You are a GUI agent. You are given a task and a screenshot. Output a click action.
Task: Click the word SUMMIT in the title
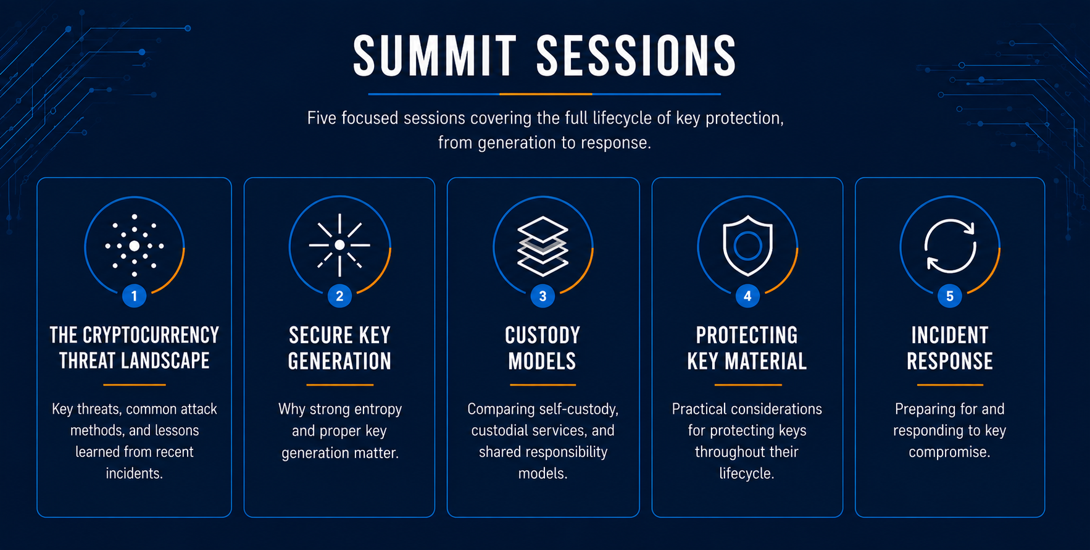[x=435, y=56]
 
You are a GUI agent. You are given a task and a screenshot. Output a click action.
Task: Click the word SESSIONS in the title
[x=636, y=56]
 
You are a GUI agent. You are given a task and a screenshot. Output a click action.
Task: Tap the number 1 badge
[x=134, y=296]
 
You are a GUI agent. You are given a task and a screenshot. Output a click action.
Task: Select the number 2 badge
[x=339, y=296]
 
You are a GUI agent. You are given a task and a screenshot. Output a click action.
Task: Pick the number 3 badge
[x=543, y=296]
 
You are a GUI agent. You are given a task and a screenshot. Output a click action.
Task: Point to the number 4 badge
[x=747, y=296]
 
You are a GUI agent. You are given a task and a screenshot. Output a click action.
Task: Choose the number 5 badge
[x=950, y=296]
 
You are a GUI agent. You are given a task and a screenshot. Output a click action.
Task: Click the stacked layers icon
[x=543, y=246]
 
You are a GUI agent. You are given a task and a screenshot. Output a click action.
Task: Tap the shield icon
[x=747, y=245]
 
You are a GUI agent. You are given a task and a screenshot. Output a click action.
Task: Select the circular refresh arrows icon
[x=950, y=246]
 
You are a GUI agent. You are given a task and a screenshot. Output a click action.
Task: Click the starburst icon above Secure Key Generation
[x=339, y=245]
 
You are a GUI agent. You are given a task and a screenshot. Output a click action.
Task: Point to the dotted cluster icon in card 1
[x=134, y=246]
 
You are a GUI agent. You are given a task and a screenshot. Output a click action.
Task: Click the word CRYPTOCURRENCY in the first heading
[x=151, y=335]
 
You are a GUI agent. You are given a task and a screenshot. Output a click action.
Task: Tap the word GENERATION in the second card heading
[x=339, y=361]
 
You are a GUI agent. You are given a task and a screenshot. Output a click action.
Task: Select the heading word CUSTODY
[x=543, y=335]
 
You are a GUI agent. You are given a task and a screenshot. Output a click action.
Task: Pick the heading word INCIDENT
[x=950, y=335]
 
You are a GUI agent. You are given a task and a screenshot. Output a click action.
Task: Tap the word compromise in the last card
[x=949, y=452]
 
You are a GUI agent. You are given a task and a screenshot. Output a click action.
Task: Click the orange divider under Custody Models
[x=543, y=385]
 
